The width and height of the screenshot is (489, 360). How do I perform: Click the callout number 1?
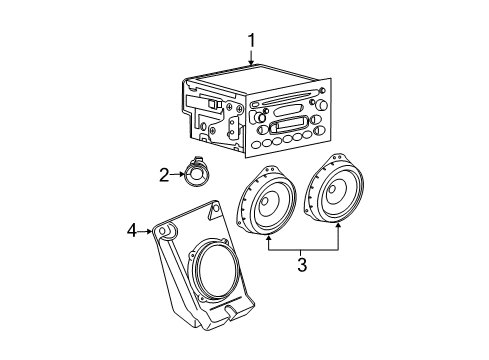coord(251,41)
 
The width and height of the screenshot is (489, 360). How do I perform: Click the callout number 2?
coord(163,175)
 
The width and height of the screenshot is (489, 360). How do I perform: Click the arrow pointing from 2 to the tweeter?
coord(178,175)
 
